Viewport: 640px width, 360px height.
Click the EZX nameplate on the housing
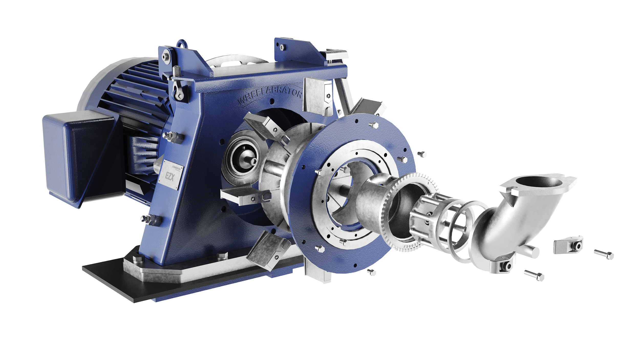170,175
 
